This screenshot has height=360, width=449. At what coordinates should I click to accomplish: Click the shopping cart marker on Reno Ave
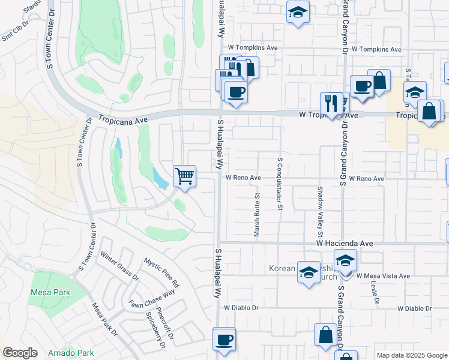(x=185, y=176)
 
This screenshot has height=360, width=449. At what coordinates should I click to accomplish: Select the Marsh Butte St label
(x=257, y=215)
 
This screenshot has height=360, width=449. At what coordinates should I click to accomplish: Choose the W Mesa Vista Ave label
(x=382, y=276)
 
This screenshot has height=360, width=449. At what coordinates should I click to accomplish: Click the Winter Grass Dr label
(x=120, y=266)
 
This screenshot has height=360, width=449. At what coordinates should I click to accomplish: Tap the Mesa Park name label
(x=50, y=293)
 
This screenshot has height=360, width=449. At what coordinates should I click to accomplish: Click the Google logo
(x=20, y=353)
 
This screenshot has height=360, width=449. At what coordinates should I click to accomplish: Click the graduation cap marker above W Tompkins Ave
(x=297, y=12)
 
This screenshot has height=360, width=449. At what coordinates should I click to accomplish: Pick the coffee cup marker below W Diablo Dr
(x=224, y=340)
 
